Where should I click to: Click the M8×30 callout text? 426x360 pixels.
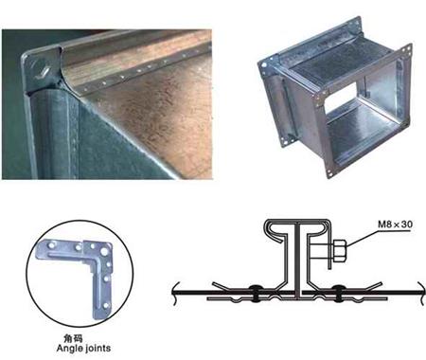coord(395,225)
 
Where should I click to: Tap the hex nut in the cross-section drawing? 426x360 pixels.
coord(340,250)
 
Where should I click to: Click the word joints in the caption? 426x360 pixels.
coord(97,349)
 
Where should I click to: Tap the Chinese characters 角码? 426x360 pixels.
coord(74,338)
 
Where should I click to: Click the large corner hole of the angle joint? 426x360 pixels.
coord(103,252)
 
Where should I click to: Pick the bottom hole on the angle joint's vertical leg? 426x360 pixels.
coord(106,305)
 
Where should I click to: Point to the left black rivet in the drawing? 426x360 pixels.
coord(255,292)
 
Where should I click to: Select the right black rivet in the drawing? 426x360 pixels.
coord(338,292)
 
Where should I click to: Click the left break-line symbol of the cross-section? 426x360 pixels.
coord(176,293)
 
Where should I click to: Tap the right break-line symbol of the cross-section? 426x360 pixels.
coord(420,293)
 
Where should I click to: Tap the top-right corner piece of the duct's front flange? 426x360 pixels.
coord(407,50)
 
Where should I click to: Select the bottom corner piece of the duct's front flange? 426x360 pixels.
coord(329,172)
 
